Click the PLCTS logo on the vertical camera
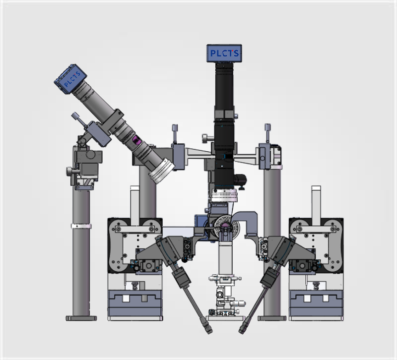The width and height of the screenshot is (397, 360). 225,53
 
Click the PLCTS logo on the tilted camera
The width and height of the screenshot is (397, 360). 72,79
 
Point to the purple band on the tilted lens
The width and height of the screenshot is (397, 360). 136,140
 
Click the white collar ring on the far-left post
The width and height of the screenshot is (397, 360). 81,226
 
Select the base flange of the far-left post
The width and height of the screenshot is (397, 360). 81,318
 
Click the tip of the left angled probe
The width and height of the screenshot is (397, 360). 209,332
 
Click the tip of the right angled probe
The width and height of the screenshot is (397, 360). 241,331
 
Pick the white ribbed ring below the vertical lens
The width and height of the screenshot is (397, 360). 224,196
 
